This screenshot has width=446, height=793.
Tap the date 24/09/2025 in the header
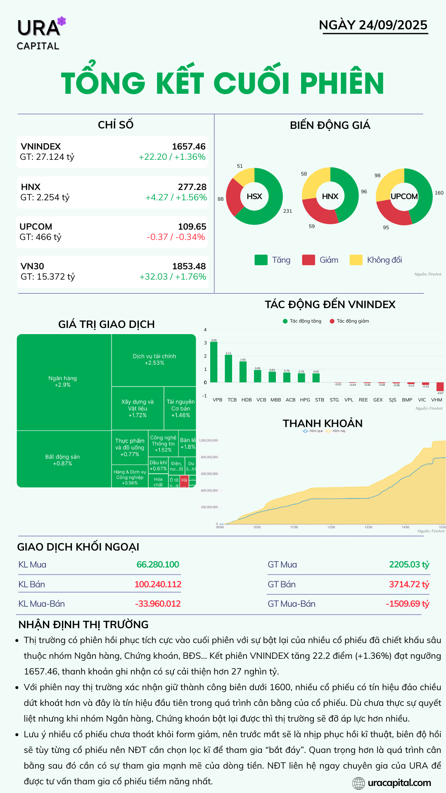tap(393, 25)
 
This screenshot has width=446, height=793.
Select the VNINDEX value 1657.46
tap(188, 147)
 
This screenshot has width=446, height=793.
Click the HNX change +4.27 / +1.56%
tap(176, 197)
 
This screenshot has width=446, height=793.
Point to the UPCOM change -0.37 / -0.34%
tap(176, 237)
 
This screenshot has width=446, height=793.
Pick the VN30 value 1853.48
tap(189, 266)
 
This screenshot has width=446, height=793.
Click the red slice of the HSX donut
tap(233, 197)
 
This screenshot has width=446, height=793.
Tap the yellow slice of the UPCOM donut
tap(388, 184)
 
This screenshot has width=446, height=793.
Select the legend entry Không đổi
tap(384, 260)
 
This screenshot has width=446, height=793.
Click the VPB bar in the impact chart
tap(214, 362)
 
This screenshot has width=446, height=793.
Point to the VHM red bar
tap(440, 387)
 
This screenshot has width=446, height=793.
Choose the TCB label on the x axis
tap(232, 400)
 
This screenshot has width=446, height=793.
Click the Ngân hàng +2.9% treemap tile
tap(63, 382)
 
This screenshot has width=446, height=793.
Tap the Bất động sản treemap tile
tap(63, 460)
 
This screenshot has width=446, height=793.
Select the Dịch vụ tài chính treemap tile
tap(154, 359)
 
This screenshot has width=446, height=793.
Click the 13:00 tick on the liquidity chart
tap(368, 527)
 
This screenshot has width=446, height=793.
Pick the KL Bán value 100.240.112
tap(158, 584)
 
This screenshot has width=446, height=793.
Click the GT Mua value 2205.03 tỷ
tap(409, 565)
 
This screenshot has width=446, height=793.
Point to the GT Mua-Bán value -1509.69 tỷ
tap(407, 604)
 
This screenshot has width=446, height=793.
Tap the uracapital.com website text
tap(399, 783)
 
